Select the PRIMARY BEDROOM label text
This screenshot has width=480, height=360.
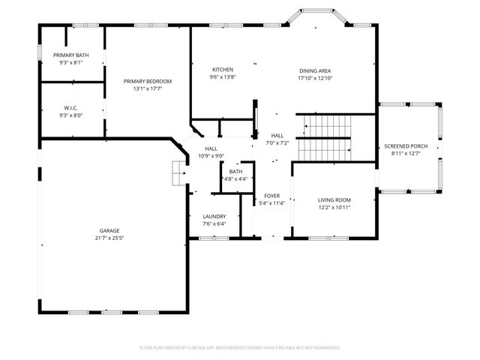[x=148, y=81]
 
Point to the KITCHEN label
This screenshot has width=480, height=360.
[x=222, y=70]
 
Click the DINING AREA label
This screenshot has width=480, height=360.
[x=314, y=70]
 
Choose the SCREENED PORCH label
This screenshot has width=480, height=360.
[x=407, y=145]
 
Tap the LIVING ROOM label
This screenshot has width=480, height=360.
[x=334, y=199]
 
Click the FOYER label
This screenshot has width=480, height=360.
[x=271, y=195]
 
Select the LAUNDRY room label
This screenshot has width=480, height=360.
[x=214, y=216]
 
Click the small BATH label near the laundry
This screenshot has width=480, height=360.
[x=235, y=172]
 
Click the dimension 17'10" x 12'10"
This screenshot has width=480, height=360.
[x=314, y=78]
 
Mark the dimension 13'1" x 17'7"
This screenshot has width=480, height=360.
[x=148, y=88]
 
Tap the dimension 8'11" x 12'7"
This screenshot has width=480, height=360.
[x=407, y=154]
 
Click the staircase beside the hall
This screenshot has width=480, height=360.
[x=325, y=138]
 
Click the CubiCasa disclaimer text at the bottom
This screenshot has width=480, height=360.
[x=240, y=348]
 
